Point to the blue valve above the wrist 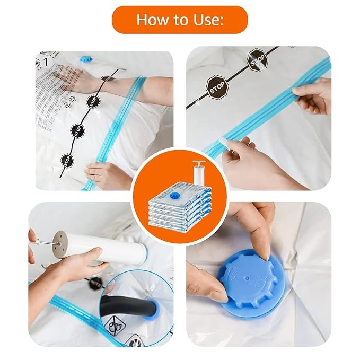pyautogui.click(x=86, y=59)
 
